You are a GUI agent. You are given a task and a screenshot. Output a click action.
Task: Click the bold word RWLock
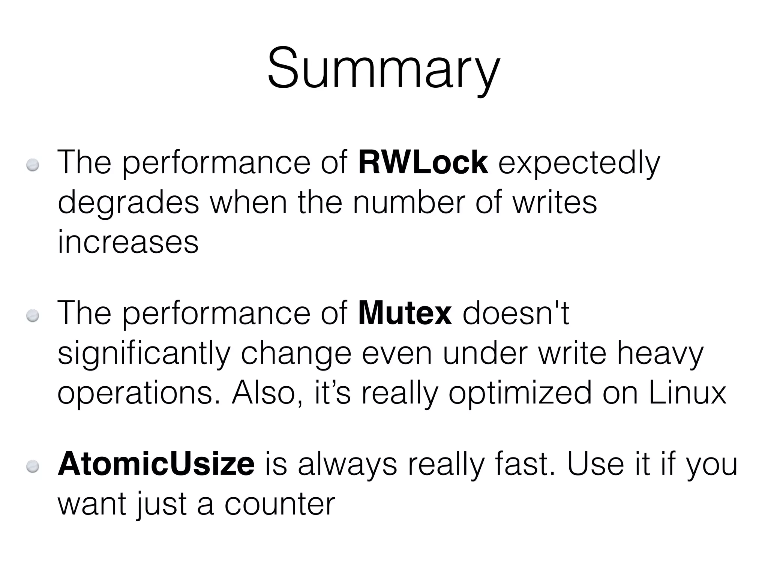tap(423, 163)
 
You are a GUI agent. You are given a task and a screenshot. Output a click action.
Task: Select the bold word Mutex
tap(405, 313)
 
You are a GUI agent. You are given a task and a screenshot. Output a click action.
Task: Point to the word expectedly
tap(579, 164)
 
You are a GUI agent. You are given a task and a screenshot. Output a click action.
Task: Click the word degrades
tap(128, 203)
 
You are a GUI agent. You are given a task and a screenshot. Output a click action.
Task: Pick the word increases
tap(128, 243)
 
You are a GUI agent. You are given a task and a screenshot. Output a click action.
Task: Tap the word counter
tap(279, 504)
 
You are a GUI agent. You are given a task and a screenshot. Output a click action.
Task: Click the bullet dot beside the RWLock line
tap(33, 165)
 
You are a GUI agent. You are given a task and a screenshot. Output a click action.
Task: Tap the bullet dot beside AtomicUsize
tap(33, 466)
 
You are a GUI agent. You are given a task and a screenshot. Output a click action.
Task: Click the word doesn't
tap(516, 313)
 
